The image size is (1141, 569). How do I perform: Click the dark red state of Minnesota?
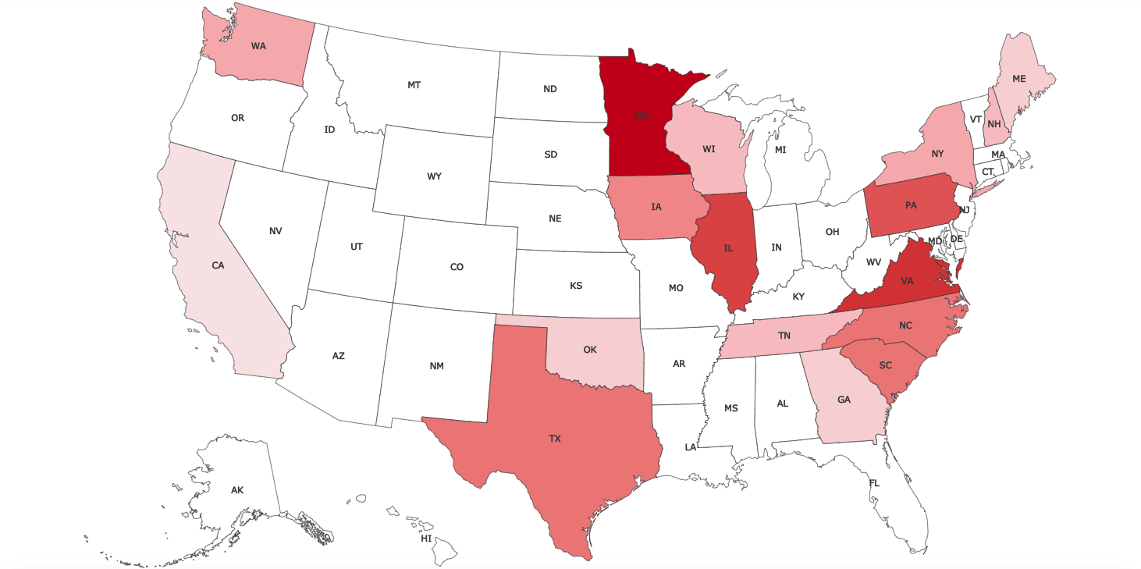(x=642, y=116)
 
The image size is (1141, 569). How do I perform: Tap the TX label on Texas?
(x=554, y=439)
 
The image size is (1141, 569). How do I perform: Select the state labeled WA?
(x=258, y=46)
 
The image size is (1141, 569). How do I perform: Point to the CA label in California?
(x=218, y=265)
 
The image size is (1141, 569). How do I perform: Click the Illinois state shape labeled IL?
(x=728, y=248)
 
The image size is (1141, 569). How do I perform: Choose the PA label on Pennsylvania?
(x=911, y=205)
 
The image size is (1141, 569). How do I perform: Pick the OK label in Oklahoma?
(x=590, y=350)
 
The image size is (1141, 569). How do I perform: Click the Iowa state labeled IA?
(x=656, y=207)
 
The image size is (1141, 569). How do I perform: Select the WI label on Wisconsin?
(x=709, y=148)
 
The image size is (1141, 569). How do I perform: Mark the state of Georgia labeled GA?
(x=844, y=400)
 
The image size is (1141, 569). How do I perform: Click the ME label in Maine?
(x=1019, y=79)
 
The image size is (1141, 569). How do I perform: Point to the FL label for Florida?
(x=874, y=483)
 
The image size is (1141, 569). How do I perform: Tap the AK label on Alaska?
(x=237, y=490)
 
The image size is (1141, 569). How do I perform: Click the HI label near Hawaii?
(x=426, y=539)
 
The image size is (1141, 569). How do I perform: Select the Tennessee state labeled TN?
(x=784, y=336)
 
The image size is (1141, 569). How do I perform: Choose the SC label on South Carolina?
(x=885, y=365)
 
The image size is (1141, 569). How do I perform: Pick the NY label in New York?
(x=937, y=154)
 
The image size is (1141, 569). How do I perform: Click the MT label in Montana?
(x=414, y=84)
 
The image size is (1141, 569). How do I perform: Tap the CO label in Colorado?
(x=457, y=267)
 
